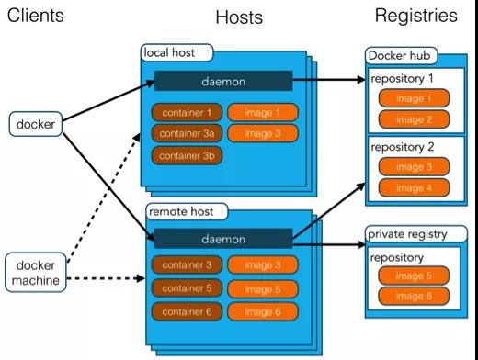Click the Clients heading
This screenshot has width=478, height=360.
[x=37, y=16]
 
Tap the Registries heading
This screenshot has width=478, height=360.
[x=415, y=16]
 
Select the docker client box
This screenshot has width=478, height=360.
[x=38, y=121]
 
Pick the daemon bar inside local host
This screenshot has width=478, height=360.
[x=222, y=82]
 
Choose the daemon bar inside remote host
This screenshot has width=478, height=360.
[x=222, y=240]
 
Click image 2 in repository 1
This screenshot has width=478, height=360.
[x=415, y=118]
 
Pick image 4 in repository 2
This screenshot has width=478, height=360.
[x=415, y=187]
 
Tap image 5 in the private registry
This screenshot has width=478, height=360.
[x=415, y=276]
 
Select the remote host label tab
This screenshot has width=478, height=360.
[x=181, y=212]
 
